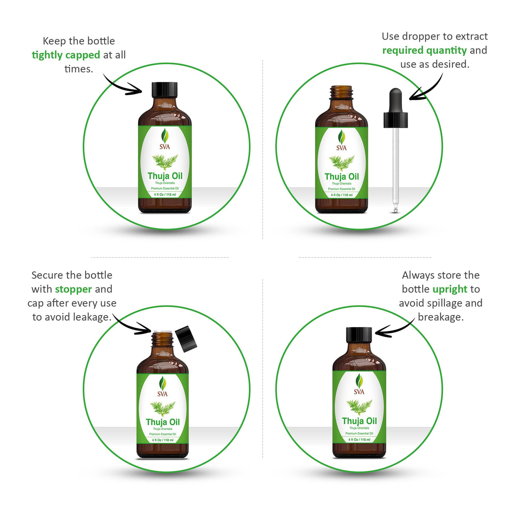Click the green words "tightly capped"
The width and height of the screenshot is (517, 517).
click(66, 55)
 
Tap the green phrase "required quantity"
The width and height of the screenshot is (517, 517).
click(424, 50)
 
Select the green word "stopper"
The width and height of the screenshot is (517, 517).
click(73, 289)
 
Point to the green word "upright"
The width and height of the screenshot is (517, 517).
click(450, 289)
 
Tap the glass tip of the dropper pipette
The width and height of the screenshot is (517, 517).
click(396, 209)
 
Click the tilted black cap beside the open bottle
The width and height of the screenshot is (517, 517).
click(186, 339)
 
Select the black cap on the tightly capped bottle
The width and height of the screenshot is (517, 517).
click(164, 89)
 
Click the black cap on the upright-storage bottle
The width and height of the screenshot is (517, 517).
click(359, 335)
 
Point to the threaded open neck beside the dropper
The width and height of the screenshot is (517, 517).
click(342, 92)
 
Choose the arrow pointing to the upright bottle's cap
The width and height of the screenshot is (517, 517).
click(394, 328)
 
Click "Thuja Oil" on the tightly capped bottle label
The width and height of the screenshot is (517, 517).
click(165, 176)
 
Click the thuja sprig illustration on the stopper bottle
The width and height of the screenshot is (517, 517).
click(163, 408)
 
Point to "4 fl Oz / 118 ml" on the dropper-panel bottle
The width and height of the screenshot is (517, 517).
click(342, 195)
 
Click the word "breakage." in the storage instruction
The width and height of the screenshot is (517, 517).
click(440, 317)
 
